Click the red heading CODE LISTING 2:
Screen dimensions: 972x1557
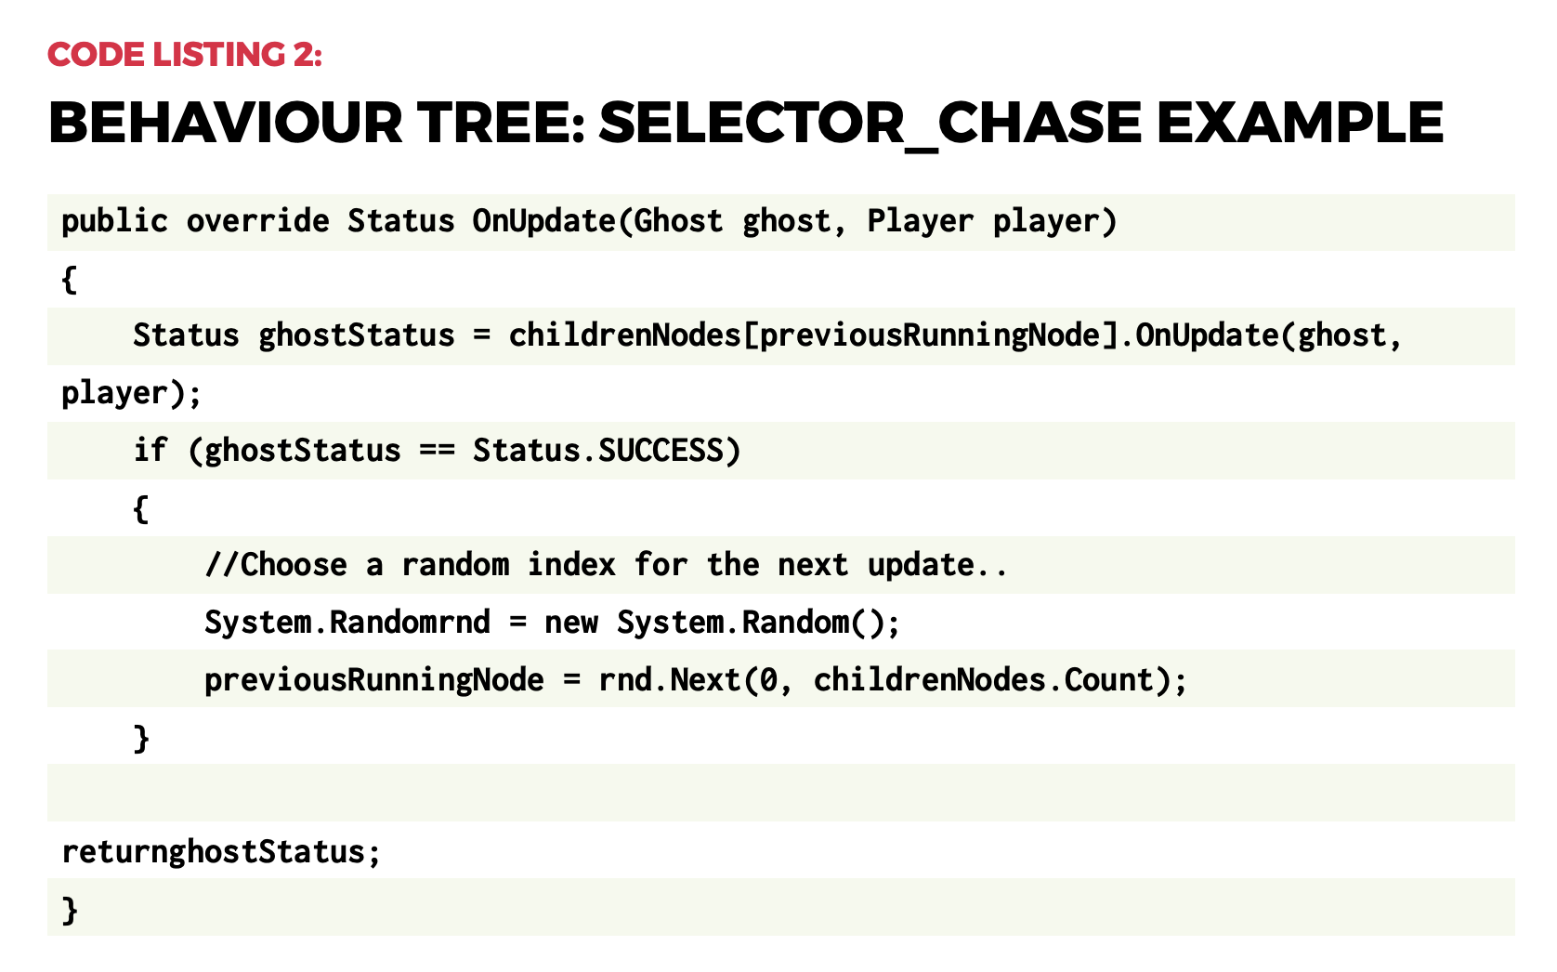coord(185,55)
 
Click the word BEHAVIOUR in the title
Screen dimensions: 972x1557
coord(226,124)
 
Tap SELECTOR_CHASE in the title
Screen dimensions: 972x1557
coord(870,124)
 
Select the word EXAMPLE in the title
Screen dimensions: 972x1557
coord(1300,124)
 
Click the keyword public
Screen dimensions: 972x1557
coord(114,221)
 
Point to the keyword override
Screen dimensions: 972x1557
coord(257,221)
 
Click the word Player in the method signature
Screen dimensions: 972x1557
coord(920,221)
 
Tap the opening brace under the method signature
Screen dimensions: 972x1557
coord(69,279)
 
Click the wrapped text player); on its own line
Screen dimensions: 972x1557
coord(131,393)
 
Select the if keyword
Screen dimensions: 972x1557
coord(150,451)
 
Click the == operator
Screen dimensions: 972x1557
coord(437,451)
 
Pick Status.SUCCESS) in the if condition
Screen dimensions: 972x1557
coord(607,451)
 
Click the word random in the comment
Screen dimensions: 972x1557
coord(455,565)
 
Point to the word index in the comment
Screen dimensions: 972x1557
coord(571,565)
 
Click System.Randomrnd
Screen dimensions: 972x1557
coord(347,623)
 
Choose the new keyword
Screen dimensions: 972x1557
coord(571,623)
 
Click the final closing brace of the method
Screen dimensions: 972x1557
coord(70,910)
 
